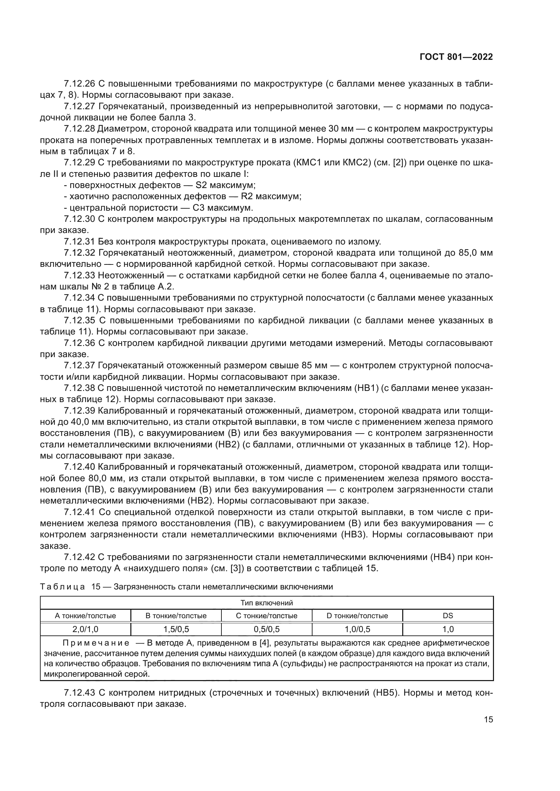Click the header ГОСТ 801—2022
coord(456,57)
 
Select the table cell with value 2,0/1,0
coord(85,629)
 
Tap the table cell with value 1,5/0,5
coord(176,629)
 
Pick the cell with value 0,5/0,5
coord(266,629)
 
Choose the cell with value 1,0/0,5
coord(357,629)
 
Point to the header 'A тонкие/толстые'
coord(85,615)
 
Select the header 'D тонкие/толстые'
coord(357,615)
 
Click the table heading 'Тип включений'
coord(266,603)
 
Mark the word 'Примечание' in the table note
coord(96,643)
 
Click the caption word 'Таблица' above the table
coord(62,587)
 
